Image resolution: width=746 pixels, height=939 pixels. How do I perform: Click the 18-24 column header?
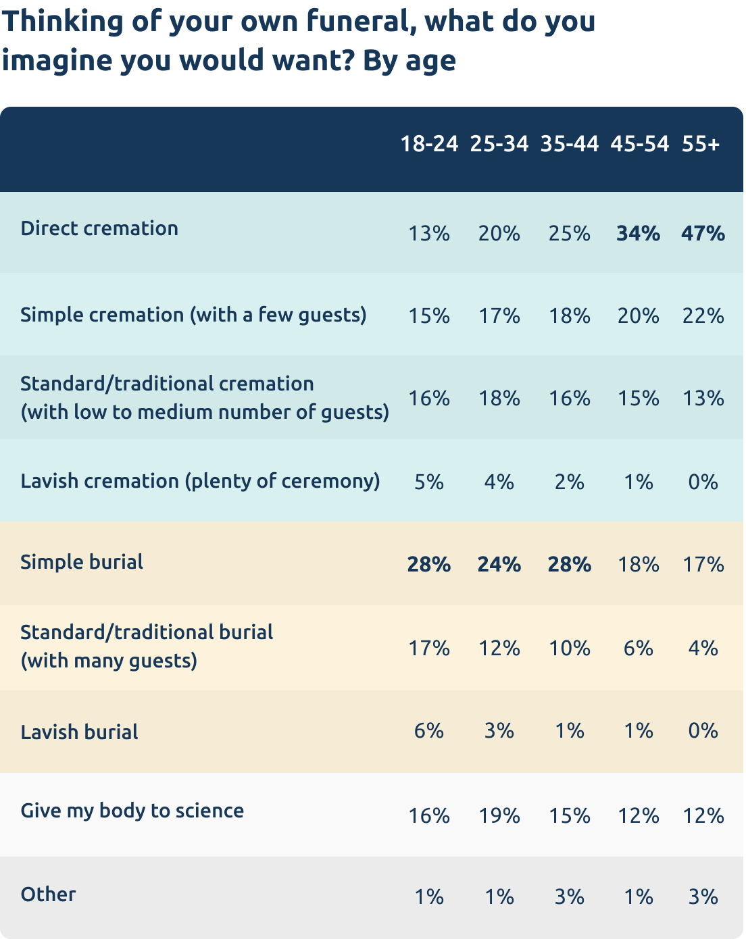tap(429, 144)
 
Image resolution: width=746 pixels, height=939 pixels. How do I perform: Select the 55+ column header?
tap(701, 144)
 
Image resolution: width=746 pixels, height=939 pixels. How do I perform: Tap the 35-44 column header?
tap(569, 144)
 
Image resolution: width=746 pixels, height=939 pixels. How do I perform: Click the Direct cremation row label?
tap(99, 228)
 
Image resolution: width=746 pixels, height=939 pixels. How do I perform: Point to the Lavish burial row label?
tap(79, 732)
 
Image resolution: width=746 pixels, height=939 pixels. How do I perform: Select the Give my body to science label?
tap(132, 811)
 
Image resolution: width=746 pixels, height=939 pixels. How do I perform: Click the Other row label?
tap(48, 894)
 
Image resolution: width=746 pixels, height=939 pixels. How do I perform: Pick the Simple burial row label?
tap(82, 562)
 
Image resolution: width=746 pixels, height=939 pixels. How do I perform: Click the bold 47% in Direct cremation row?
tap(703, 234)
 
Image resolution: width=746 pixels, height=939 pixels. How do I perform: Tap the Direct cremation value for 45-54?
tap(638, 234)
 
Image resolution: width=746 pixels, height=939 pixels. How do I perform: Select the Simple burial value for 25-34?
tap(499, 565)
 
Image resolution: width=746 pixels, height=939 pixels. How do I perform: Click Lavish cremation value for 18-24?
tap(429, 482)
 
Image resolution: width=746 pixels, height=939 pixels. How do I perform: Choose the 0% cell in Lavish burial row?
tap(703, 731)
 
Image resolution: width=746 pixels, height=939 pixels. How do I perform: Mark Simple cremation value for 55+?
tap(703, 316)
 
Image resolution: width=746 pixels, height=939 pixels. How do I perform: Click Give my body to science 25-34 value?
tap(499, 816)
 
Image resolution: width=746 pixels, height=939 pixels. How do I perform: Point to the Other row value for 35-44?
tap(569, 897)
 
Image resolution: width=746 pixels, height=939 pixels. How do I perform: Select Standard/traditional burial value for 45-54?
tap(638, 649)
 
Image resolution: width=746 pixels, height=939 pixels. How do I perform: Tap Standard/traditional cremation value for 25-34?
tap(499, 399)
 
